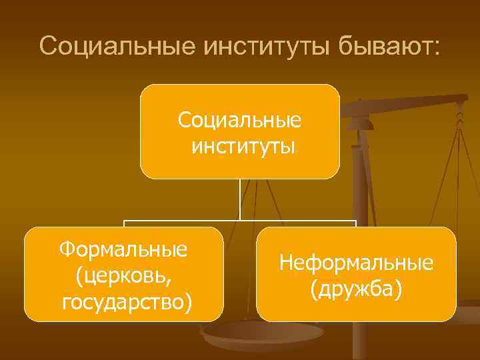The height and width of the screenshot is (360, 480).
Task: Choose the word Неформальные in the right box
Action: pyautogui.click(x=356, y=263)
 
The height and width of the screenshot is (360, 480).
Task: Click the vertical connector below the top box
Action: pyautogui.click(x=240, y=200)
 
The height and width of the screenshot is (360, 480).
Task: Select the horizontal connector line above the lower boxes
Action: pyautogui.click(x=240, y=221)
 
